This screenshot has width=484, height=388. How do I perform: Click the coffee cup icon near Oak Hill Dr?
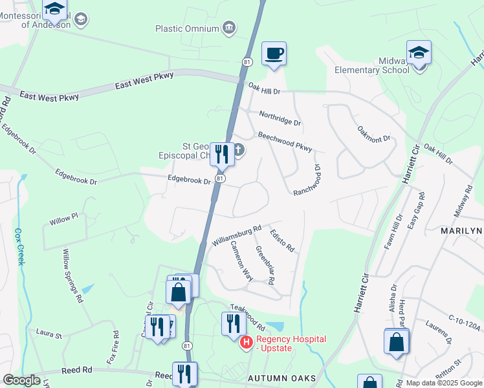tap(274, 53)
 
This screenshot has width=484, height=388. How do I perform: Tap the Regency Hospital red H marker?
tap(246, 343)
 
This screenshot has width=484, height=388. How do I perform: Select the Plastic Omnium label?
tap(187, 28)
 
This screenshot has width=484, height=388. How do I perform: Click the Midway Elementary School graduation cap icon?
tap(419, 52)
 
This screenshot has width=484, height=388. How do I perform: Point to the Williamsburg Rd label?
tap(236, 235)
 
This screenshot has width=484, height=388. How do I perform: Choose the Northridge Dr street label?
tap(280, 118)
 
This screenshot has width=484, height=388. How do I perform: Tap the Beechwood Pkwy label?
tap(285, 142)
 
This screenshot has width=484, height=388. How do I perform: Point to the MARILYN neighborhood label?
tap(462, 231)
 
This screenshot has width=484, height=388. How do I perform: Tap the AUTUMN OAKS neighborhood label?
tap(281, 378)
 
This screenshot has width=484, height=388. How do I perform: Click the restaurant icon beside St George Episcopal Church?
tap(221, 154)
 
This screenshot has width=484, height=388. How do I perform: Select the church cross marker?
tap(238, 151)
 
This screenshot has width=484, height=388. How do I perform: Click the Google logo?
tap(21, 381)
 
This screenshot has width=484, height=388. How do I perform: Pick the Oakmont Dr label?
tap(374, 134)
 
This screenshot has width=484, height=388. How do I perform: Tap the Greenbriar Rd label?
tap(265, 266)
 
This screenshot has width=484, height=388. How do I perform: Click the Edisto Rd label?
tap(282, 241)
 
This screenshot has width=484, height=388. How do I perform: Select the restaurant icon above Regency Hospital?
tap(234, 323)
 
